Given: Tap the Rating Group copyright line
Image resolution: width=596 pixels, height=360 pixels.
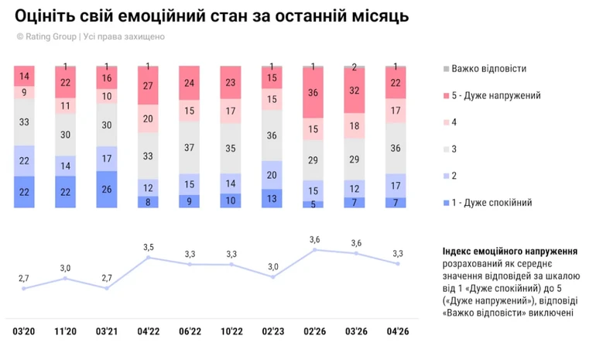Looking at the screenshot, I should coord(91,36).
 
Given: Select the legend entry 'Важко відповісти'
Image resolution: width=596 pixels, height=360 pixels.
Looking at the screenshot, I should coord(489,68).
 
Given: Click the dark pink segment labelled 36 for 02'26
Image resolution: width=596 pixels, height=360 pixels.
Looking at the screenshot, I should coord(313,93).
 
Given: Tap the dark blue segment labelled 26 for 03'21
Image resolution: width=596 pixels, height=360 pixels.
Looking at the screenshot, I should coord(107,189).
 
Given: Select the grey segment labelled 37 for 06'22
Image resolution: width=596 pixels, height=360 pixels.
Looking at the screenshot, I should coord(190,147).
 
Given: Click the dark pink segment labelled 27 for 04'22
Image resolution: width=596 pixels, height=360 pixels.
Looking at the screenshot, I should coord(148,86).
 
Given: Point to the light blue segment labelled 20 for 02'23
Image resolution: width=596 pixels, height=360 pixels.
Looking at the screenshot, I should coord(272,175).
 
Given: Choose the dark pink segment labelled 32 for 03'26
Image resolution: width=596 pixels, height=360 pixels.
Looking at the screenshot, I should coord(355,91).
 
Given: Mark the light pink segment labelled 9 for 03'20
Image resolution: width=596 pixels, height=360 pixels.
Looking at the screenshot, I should coord(24,91).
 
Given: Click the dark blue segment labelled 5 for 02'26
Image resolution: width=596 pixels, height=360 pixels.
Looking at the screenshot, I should coord(313,204).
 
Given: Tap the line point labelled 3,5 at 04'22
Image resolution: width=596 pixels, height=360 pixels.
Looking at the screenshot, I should coord(148,257).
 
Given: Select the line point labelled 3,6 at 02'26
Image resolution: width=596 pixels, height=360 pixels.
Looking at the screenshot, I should coord(313,249).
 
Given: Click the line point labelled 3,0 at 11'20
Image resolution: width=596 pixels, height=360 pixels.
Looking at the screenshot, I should coord(65,278).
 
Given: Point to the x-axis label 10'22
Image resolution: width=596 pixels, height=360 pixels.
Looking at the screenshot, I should coord(231,331).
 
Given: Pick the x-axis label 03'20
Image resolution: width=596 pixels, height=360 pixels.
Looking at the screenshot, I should coord(24,331).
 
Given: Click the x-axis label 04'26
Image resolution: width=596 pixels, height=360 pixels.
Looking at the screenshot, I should coord(397,331).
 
